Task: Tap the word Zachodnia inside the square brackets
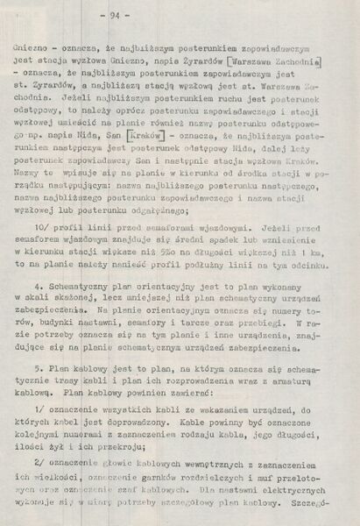(x=295, y=60)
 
